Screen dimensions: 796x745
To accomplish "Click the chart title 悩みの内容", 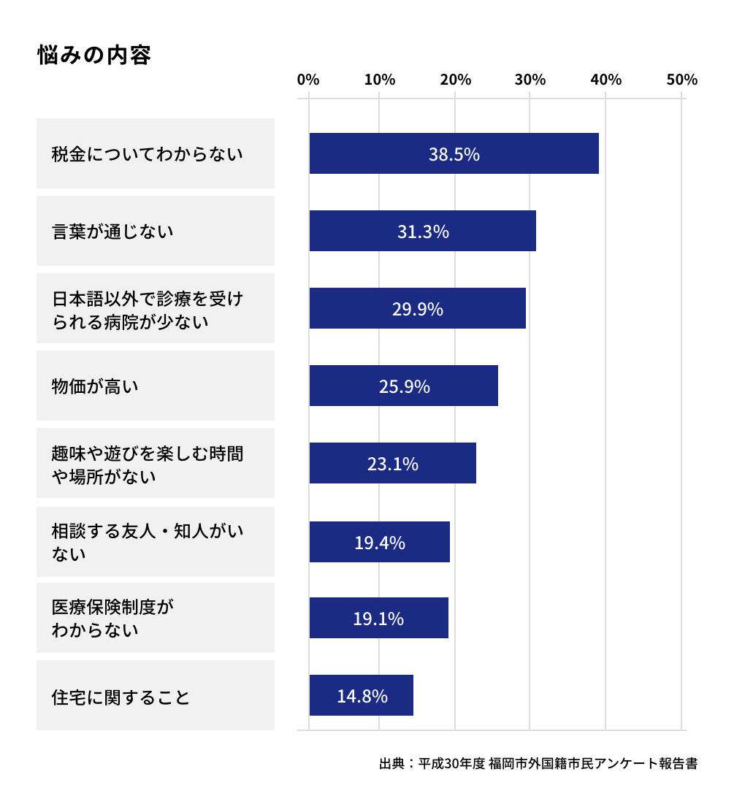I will pyautogui.click(x=94, y=56).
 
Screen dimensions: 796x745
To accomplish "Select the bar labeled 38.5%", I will pyautogui.click(x=454, y=153).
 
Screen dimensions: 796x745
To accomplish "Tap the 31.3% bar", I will pyautogui.click(x=422, y=231).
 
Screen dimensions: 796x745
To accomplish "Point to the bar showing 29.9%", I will pyautogui.click(x=417, y=308).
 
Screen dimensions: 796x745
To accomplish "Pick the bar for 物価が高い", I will pyautogui.click(x=403, y=386).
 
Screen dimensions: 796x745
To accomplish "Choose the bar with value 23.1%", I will pyautogui.click(x=392, y=463).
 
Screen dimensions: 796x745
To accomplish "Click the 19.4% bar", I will pyautogui.click(x=379, y=542).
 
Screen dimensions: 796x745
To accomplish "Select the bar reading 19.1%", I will pyautogui.click(x=378, y=618).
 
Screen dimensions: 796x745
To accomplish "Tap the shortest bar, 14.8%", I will pyautogui.click(x=361, y=695).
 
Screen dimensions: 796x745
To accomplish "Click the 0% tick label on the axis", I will pyautogui.click(x=308, y=80).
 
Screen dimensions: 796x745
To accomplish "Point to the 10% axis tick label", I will pyautogui.click(x=380, y=80).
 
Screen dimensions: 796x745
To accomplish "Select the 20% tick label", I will pyautogui.click(x=455, y=80).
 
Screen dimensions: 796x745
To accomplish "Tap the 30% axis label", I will pyautogui.click(x=530, y=80).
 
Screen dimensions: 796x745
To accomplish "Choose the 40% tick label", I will pyautogui.click(x=606, y=80).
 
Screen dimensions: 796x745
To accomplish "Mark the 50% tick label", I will pyautogui.click(x=681, y=80).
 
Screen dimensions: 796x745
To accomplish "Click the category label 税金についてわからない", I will pyautogui.click(x=147, y=154).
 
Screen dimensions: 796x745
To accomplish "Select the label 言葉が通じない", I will pyautogui.click(x=112, y=231).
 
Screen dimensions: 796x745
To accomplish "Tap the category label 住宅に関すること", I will pyautogui.click(x=121, y=697).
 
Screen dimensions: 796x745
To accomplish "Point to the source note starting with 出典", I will pyautogui.click(x=538, y=764).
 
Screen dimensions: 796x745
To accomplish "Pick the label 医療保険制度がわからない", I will pyautogui.click(x=112, y=618).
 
